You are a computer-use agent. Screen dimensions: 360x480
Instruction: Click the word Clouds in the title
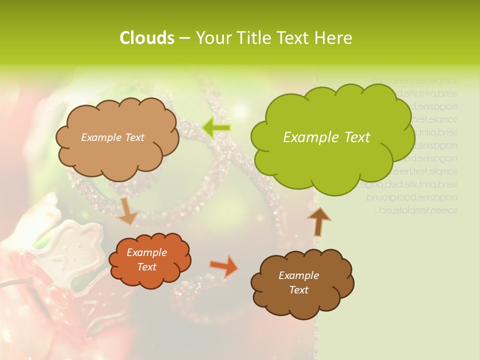point(147,38)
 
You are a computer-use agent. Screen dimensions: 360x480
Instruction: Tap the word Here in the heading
point(334,38)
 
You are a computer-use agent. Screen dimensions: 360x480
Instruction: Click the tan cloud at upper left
point(116,138)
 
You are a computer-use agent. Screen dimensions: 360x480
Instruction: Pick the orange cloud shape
point(149,260)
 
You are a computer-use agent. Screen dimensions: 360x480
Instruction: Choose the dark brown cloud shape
point(301,283)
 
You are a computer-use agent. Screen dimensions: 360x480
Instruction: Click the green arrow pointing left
point(216,127)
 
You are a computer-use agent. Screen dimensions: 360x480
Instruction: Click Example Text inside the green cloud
point(326,137)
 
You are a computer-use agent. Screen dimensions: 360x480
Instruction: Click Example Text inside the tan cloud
point(112,137)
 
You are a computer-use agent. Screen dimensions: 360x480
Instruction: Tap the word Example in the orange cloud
point(146,252)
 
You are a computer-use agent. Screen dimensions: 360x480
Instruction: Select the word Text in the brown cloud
point(298,290)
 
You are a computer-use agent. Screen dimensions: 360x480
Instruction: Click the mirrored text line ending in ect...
point(415,210)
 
